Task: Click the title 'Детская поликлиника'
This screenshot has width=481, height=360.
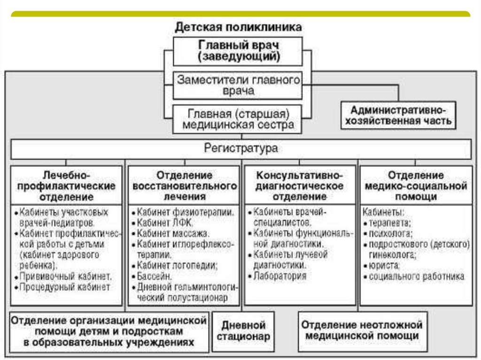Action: click(238, 27)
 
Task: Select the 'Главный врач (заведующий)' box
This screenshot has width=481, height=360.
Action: click(238, 51)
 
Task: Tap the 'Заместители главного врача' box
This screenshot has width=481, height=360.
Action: click(238, 85)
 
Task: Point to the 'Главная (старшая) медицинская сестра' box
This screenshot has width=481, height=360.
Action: click(238, 119)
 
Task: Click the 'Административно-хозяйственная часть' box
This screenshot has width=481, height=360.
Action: click(398, 115)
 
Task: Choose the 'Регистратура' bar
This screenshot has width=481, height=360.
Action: click(240, 149)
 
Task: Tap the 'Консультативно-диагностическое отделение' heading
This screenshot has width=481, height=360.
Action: click(299, 185)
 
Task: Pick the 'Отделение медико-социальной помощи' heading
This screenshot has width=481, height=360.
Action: click(415, 185)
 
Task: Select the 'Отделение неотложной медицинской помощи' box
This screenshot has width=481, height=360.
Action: click(362, 330)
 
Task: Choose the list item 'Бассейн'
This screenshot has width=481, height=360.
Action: click(155, 276)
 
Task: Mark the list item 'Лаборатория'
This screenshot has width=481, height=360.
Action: click(279, 276)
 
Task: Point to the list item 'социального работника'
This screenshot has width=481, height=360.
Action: click(416, 276)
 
